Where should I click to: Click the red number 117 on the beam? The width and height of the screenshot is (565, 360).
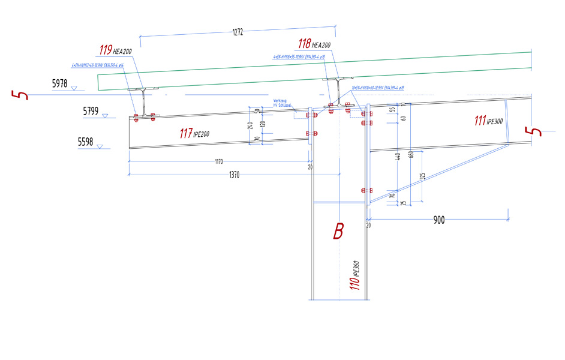point(186,134)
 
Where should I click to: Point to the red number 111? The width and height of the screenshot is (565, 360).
point(480,121)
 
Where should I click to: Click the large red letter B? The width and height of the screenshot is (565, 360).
point(338,232)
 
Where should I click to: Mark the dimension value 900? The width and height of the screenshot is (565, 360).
point(438,220)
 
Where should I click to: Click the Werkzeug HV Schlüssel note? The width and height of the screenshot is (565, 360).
point(282,103)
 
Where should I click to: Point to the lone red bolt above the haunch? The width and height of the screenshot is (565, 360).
point(363,190)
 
